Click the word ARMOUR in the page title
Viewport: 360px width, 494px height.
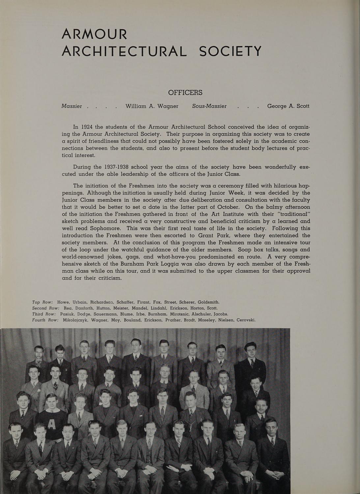click(x=95, y=34)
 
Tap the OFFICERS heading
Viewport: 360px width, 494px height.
click(x=185, y=93)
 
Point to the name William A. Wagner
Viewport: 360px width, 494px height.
click(x=152, y=106)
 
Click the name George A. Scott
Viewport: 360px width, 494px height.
click(x=288, y=106)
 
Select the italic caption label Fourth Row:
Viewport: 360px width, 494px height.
click(x=45, y=320)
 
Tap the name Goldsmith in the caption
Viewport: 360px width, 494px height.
click(x=208, y=302)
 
